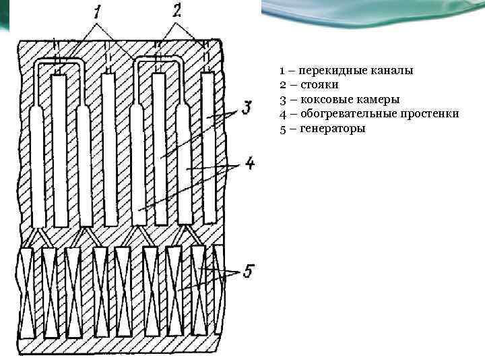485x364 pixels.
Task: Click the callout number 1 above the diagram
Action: point(98,11)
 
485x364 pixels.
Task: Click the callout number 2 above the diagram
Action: point(176,10)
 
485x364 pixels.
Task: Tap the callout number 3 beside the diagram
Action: point(247,107)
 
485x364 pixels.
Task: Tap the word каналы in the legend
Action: point(391,70)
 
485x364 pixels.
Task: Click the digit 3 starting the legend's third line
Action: point(282,99)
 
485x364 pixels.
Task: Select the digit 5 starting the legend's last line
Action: point(282,128)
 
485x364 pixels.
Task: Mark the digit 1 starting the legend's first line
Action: point(282,70)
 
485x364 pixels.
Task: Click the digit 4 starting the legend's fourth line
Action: point(282,114)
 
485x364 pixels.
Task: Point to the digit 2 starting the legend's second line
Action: point(282,85)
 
